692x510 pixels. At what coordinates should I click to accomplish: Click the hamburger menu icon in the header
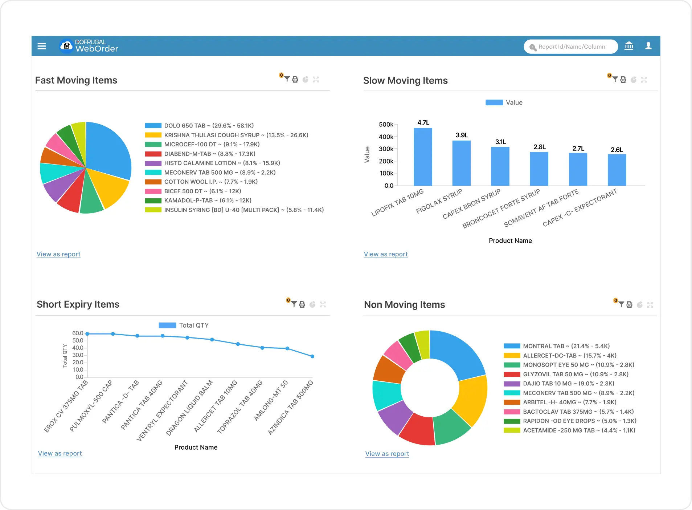(42, 46)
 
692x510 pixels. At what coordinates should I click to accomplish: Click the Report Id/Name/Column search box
(571, 46)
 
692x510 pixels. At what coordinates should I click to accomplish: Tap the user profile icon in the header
(648, 46)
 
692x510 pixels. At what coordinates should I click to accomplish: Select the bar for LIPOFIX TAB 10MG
(423, 157)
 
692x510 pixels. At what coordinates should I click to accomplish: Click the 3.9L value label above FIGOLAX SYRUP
(462, 135)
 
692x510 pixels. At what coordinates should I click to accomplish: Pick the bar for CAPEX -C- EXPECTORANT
(617, 170)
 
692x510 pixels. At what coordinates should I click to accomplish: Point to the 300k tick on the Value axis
(386, 149)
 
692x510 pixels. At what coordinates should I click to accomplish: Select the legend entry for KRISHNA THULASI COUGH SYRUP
(236, 135)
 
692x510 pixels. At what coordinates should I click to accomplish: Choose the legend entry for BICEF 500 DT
(202, 191)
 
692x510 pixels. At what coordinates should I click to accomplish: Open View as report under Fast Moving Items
(58, 254)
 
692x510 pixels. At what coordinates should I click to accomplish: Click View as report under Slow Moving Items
(386, 254)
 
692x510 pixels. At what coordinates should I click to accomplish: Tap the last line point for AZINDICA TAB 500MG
(312, 356)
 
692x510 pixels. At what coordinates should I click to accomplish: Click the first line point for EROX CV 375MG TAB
(87, 334)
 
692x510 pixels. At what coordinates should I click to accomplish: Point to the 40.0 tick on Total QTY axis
(78, 348)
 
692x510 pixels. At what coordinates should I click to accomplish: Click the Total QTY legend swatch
(167, 325)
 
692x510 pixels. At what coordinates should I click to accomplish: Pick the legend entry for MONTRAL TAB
(566, 346)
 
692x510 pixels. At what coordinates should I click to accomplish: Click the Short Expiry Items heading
(78, 304)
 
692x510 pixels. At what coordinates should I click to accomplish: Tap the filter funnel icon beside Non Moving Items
(621, 304)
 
